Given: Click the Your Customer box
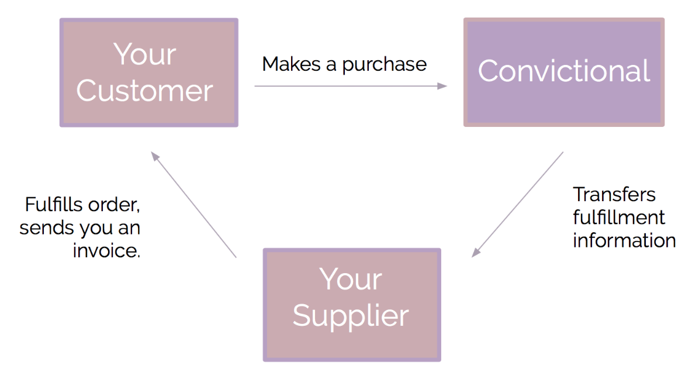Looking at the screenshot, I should click(x=148, y=73).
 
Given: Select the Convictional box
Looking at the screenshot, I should click(x=563, y=72).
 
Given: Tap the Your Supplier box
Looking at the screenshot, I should click(x=351, y=305).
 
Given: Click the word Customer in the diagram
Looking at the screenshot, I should click(x=144, y=91).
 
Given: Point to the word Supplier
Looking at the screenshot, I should click(x=351, y=316).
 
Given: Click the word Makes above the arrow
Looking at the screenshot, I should click(x=291, y=64).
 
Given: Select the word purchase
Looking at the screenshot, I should click(x=384, y=64).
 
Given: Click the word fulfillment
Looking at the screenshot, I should click(x=618, y=218).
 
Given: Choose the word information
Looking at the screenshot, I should click(x=624, y=240).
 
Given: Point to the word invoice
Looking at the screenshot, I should click(x=106, y=250).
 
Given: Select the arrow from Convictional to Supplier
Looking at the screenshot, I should click(x=518, y=204).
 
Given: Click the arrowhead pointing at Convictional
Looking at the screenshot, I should click(x=442, y=86).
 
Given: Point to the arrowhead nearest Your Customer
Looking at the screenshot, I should click(x=155, y=156).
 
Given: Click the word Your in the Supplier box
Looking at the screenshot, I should click(x=351, y=280).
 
